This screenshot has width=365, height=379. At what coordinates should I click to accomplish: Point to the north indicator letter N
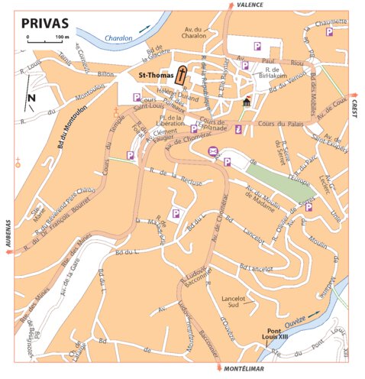pyautogui.click(x=31, y=98)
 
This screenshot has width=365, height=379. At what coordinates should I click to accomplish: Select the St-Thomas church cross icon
pyautogui.click(x=182, y=74)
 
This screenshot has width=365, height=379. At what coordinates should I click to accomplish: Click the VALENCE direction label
pyautogui.click(x=250, y=5)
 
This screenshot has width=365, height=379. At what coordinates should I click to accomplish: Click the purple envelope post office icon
pyautogui.click(x=213, y=150)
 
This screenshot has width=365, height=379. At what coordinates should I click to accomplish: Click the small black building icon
pyautogui.click(x=246, y=102)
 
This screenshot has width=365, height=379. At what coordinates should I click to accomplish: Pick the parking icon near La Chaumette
pyautogui.click(x=329, y=32)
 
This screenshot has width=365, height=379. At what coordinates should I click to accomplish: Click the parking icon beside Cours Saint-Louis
pyautogui.click(x=136, y=97)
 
